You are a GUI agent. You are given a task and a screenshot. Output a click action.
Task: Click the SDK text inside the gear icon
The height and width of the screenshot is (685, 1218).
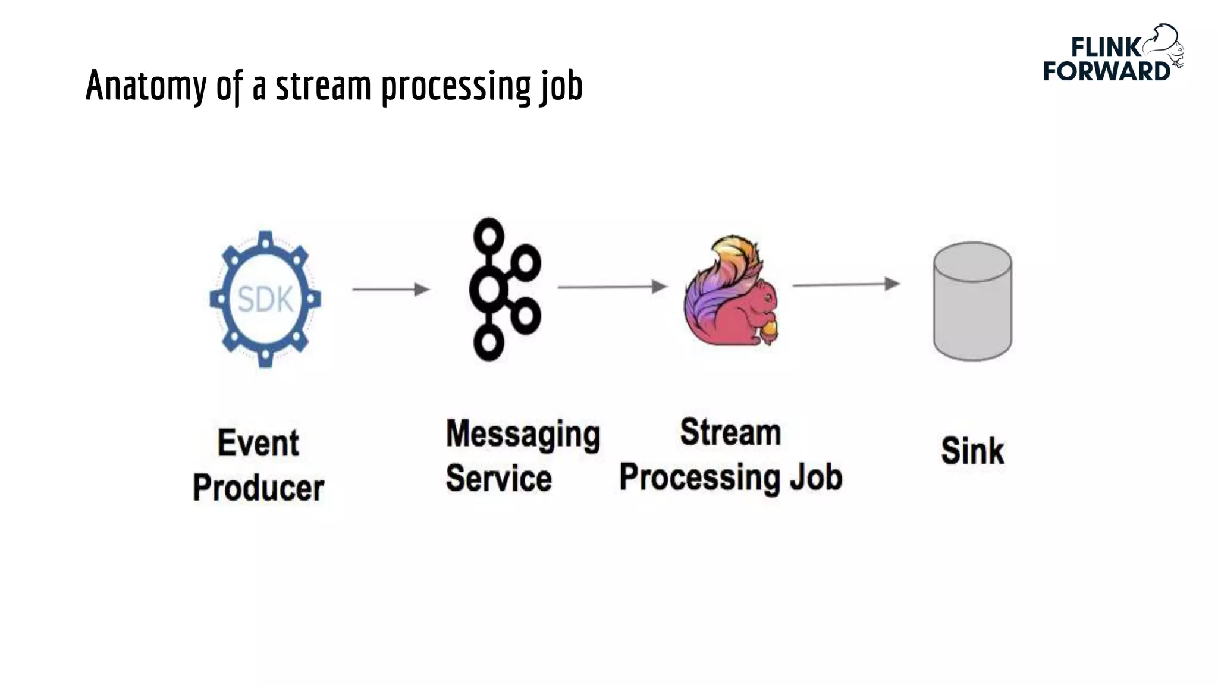[265, 299]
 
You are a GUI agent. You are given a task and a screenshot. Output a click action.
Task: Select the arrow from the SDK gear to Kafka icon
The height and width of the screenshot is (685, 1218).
[391, 290]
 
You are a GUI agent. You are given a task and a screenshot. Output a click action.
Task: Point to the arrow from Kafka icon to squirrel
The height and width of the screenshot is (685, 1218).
[612, 287]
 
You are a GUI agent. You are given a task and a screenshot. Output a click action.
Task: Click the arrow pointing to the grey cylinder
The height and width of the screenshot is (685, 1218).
[846, 285]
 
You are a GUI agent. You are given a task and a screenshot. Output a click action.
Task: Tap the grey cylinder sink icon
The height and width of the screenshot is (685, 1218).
[972, 301]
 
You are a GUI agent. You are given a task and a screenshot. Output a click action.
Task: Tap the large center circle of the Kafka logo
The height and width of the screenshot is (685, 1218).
[488, 289]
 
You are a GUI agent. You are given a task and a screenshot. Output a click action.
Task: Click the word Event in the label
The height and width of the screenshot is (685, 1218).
[258, 443]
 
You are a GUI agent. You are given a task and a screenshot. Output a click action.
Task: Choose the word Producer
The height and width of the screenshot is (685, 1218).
[258, 488]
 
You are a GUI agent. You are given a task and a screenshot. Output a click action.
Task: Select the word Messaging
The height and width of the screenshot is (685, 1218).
[523, 435]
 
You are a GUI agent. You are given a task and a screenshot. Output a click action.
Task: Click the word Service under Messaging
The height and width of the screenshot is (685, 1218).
[498, 479]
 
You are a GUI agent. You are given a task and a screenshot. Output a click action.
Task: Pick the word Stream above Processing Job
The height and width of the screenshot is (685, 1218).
[730, 432]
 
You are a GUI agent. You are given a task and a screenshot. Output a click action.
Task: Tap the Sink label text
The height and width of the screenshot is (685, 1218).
[972, 451]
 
